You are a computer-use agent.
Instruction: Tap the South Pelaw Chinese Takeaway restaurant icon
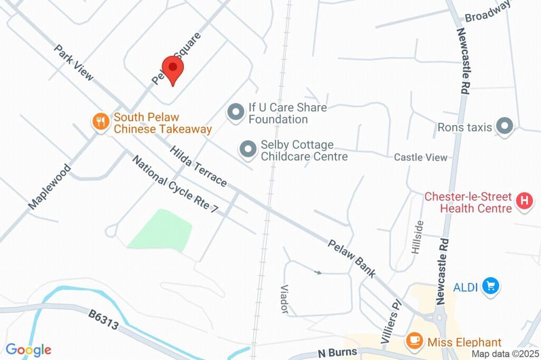point(100,122)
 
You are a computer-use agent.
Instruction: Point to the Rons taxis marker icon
point(506,127)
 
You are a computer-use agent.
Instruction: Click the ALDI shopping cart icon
point(491,287)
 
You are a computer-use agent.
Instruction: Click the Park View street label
point(74,63)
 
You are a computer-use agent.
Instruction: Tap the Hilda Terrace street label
point(199,166)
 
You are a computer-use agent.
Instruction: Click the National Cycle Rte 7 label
point(175,184)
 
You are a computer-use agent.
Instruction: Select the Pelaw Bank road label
point(352,259)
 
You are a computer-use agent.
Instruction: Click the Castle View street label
point(421,157)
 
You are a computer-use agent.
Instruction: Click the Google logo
point(29,349)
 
